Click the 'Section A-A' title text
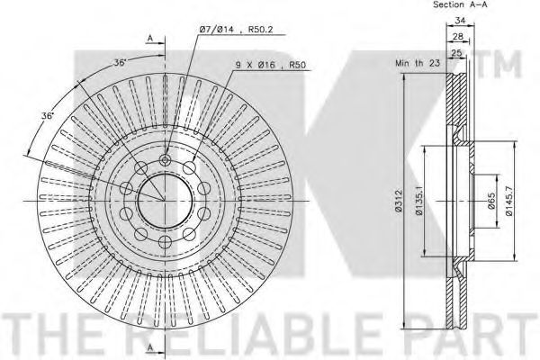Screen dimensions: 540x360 click(460, 4)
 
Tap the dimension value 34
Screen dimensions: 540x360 click(460, 21)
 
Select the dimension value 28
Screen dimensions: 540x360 click(458, 36)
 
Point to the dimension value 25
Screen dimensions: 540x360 click(456, 53)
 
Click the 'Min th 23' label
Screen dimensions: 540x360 click(418, 63)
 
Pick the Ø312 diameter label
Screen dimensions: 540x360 click(399, 200)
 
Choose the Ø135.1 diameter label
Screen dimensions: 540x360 click(418, 200)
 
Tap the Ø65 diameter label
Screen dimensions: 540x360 click(491, 201)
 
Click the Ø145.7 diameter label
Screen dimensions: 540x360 click(509, 200)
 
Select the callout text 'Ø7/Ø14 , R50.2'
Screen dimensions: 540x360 click(236, 30)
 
